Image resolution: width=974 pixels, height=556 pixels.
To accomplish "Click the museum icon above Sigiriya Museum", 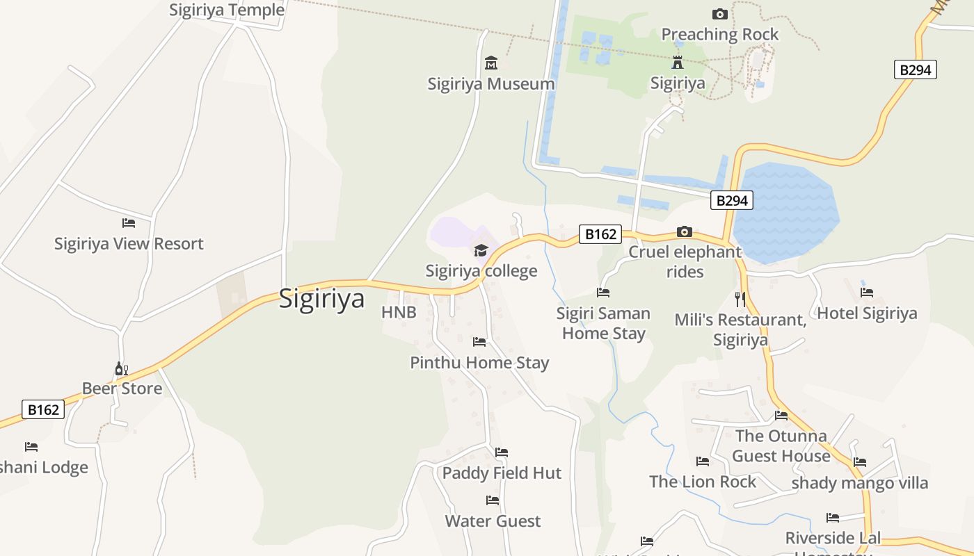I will pyautogui.click(x=491, y=63).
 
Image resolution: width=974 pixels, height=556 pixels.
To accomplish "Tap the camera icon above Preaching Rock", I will pyautogui.click(x=720, y=14).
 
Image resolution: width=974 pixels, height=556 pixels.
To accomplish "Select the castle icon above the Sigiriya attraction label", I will pyautogui.click(x=677, y=63).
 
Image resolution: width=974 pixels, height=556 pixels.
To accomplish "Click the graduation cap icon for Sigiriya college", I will pyautogui.click(x=481, y=250).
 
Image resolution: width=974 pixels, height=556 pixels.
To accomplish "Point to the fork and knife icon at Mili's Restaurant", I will pyautogui.click(x=740, y=300).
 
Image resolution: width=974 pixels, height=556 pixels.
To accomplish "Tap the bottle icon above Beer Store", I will pyautogui.click(x=121, y=368).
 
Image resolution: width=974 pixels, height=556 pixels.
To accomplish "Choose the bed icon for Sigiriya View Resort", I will pyautogui.click(x=129, y=223).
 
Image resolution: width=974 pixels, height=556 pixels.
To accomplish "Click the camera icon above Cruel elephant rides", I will pyautogui.click(x=685, y=231).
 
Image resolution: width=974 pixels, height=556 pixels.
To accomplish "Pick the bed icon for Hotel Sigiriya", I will pyautogui.click(x=867, y=293).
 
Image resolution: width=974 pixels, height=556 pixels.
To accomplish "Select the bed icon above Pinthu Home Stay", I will pyautogui.click(x=479, y=342).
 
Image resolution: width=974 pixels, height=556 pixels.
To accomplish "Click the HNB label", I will pyautogui.click(x=399, y=313).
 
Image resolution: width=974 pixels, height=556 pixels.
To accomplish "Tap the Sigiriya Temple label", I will pyautogui.click(x=227, y=10).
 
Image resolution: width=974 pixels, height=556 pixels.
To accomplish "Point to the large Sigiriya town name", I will pyautogui.click(x=321, y=298).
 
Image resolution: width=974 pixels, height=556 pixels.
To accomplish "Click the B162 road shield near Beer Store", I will pyautogui.click(x=43, y=409).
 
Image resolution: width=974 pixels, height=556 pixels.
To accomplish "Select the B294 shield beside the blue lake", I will pyautogui.click(x=732, y=201).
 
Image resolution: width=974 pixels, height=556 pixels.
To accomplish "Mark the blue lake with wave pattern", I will pyautogui.click(x=786, y=212).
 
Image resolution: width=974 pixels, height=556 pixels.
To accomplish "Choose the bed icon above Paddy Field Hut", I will pyautogui.click(x=502, y=452).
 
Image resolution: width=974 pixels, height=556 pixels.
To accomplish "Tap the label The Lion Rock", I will pyautogui.click(x=702, y=482).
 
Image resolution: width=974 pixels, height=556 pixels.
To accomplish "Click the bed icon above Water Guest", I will pyautogui.click(x=493, y=500).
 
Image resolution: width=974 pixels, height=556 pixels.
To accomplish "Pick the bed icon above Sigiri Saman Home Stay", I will pyautogui.click(x=603, y=293).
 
